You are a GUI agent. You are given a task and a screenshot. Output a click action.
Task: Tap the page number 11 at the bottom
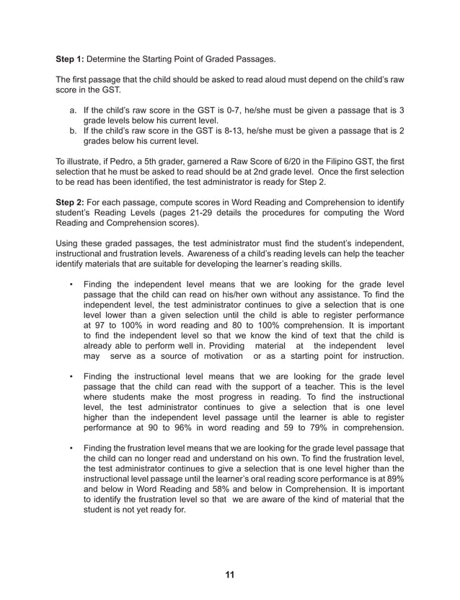coord(229,575)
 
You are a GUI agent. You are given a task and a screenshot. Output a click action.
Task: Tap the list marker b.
coord(73,131)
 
